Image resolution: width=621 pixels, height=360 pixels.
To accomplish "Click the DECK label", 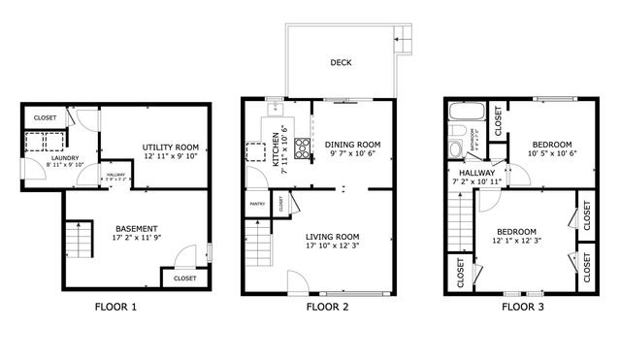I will (340, 63).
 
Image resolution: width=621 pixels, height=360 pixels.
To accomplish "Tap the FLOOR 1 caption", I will (115, 308).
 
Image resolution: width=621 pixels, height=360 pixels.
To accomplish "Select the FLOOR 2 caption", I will (327, 308).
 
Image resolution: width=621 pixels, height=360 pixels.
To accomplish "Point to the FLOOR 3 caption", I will (522, 308).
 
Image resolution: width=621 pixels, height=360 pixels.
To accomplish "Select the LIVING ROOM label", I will (332, 237).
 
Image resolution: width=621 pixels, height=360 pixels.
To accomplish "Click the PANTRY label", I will (257, 205).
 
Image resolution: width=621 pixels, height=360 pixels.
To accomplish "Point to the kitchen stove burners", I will (302, 148).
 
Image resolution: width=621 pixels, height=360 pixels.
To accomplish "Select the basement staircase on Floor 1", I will (78, 240).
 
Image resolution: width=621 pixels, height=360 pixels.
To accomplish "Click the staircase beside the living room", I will (257, 251).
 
